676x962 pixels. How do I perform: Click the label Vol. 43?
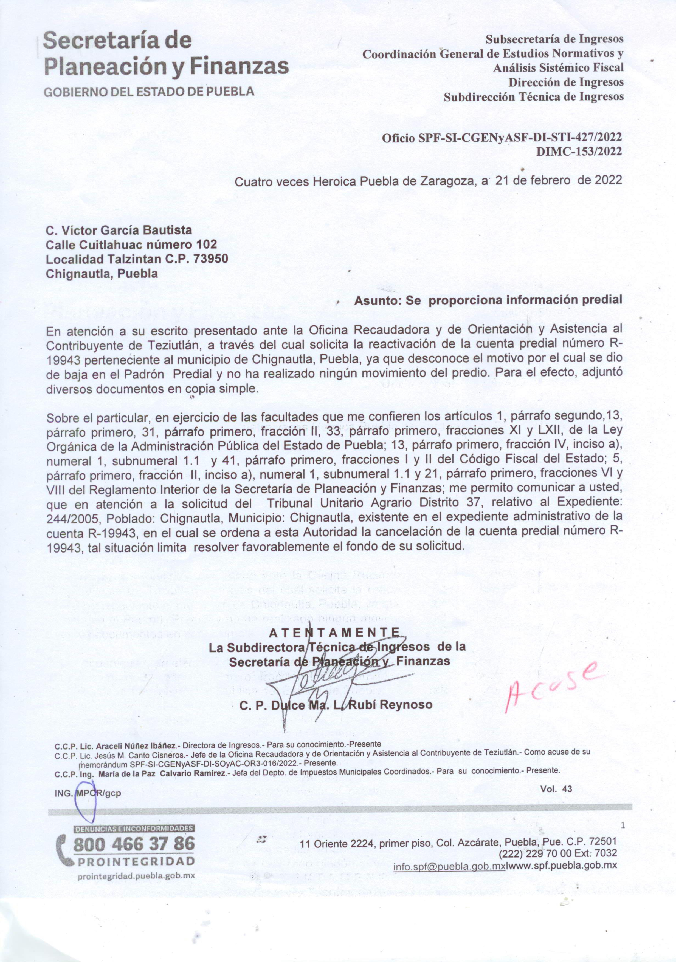point(556,789)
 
